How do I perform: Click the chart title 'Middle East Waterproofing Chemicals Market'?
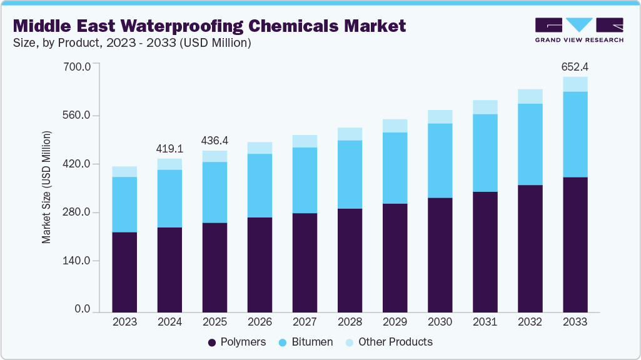coord(209,26)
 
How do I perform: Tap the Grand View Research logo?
coord(578,29)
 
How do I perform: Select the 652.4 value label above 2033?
coord(575,66)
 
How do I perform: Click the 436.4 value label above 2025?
coord(215,141)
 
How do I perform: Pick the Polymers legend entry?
coord(237,342)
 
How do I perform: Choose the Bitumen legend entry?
coord(306,342)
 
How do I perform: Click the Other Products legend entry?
coord(388,342)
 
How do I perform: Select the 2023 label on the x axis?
coord(124,322)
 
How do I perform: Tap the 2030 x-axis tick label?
coord(440,322)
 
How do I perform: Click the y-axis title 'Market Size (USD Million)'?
coord(47,187)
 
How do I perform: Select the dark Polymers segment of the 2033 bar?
coord(575,244)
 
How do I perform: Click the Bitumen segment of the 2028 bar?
coord(350,174)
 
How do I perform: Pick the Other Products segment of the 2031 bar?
coord(485,107)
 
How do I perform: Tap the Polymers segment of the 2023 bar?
coord(124,271)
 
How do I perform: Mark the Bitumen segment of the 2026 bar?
coord(260,186)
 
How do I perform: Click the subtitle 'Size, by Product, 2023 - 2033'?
coord(132,43)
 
